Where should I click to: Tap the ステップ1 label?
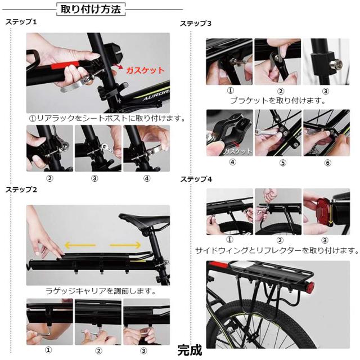click(21, 22)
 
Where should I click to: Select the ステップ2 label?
click(21, 190)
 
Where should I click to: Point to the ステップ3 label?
click(196, 24)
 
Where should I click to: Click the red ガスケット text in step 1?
click(145, 70)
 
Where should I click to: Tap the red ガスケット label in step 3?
click(237, 151)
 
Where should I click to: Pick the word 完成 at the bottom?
click(189, 350)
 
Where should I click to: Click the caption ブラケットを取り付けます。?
click(278, 100)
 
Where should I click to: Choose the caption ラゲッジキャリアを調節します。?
click(100, 291)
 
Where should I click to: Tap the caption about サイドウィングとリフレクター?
click(277, 250)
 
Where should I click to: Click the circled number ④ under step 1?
click(147, 178)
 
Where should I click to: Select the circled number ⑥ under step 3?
click(327, 163)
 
